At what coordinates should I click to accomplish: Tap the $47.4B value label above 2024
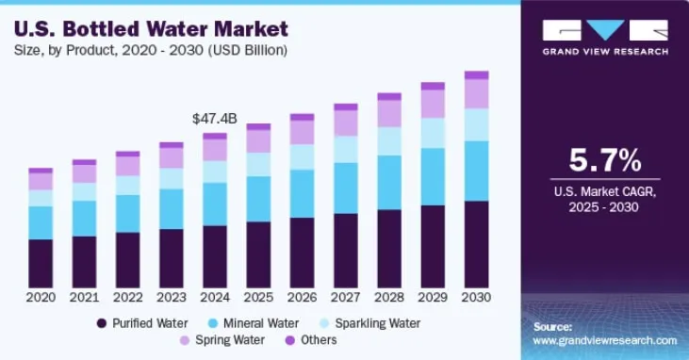click(x=214, y=119)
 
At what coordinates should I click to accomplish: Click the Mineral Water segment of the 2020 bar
click(x=41, y=222)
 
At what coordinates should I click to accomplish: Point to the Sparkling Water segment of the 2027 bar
click(x=345, y=149)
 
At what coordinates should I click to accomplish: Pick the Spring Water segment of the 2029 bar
click(x=433, y=104)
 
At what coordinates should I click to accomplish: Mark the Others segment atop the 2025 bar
click(x=258, y=126)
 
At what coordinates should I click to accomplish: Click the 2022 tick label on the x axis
click(x=127, y=297)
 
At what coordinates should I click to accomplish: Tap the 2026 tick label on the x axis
click(x=302, y=297)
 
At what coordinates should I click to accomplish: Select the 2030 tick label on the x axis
click(x=476, y=297)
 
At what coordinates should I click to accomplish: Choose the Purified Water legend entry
click(x=142, y=323)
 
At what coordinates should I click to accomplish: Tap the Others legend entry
click(x=310, y=340)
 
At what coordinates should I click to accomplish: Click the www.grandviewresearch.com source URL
click(x=605, y=340)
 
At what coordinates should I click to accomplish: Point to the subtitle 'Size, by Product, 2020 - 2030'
click(x=149, y=48)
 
